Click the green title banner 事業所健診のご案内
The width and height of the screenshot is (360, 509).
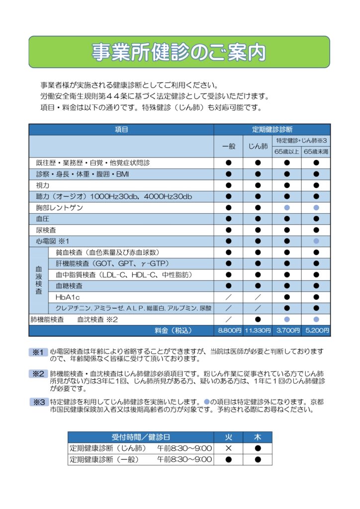[179, 52]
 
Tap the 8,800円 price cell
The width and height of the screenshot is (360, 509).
[229, 331]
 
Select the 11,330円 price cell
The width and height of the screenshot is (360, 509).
[258, 331]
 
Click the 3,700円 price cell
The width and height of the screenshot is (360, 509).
[287, 331]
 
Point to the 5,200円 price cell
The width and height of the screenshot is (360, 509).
[316, 331]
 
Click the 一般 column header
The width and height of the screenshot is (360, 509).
[229, 146]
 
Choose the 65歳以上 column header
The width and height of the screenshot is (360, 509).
[287, 152]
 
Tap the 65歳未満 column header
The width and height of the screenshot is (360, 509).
[316, 152]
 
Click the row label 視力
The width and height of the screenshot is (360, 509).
[43, 185]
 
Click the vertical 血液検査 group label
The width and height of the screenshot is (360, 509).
[38, 280]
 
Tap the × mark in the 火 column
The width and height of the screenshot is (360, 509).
[229, 448]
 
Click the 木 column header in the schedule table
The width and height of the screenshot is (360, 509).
[258, 437]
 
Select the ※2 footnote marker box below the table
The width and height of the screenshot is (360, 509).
[38, 373]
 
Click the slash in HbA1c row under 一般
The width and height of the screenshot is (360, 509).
[229, 297]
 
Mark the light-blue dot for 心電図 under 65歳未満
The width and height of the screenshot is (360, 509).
[316, 241]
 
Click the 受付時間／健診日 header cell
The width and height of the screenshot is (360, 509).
[141, 437]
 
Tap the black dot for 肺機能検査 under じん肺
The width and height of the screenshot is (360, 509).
[258, 319]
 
